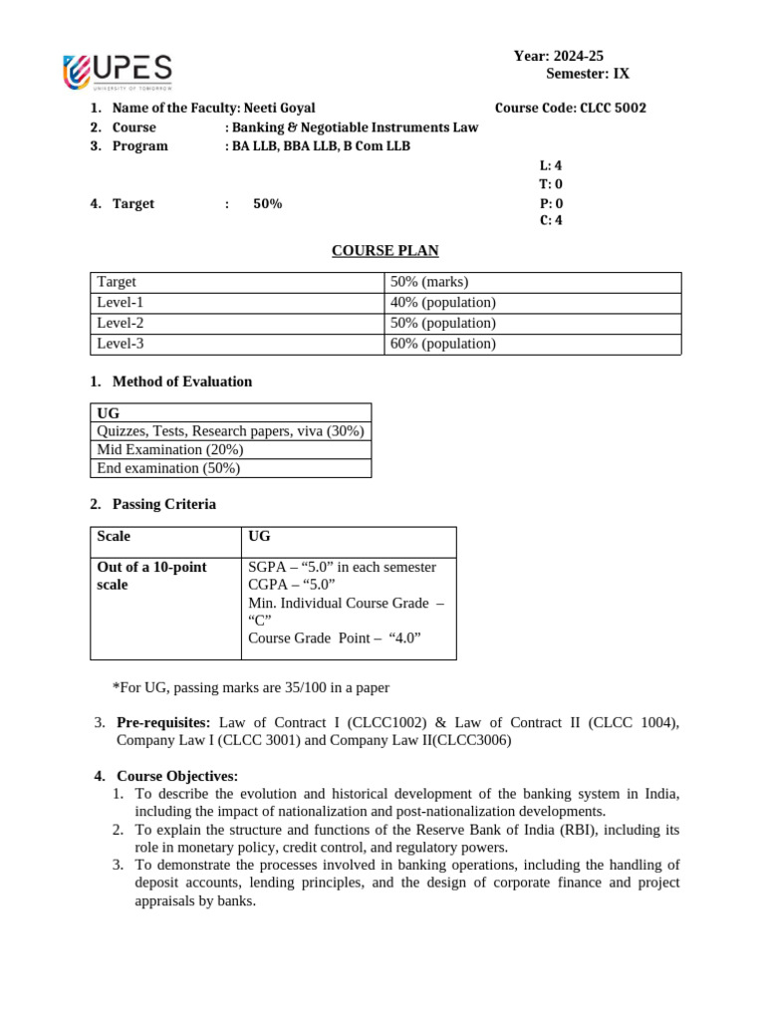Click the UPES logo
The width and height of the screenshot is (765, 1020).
[x=117, y=74]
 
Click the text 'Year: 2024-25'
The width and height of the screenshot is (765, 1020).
[x=558, y=56]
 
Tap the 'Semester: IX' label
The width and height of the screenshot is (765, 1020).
[x=588, y=74]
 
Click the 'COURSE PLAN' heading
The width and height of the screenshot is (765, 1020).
[x=384, y=250]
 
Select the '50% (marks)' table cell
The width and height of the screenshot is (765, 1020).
[x=429, y=282]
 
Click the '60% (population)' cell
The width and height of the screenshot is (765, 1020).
[x=442, y=345]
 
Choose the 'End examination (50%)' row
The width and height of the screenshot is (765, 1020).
[x=168, y=468]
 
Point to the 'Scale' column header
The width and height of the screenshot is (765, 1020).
[x=114, y=536]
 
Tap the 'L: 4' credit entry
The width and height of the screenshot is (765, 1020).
[x=551, y=166]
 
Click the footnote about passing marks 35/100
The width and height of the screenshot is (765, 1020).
[x=251, y=687]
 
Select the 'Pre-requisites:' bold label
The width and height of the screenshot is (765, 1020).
[x=164, y=722]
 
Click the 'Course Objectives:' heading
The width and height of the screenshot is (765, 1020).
[x=177, y=776]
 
